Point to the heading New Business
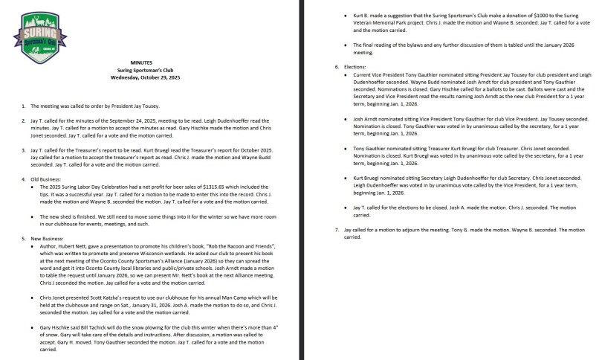coord(45,238)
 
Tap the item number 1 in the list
coord(24,106)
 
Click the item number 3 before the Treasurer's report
coord(24,149)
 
